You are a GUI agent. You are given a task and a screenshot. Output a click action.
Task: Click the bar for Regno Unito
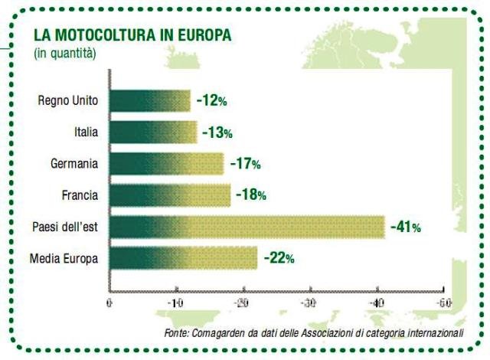[x=150, y=100]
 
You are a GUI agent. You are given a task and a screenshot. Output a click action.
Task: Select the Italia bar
[x=153, y=132]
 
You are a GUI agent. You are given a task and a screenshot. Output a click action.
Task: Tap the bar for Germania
[x=167, y=164]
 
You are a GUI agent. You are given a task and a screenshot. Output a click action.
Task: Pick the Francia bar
[x=170, y=195]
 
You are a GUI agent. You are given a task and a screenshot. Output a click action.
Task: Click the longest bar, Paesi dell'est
[x=247, y=227]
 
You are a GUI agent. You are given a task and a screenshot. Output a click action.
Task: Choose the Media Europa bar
[x=184, y=258]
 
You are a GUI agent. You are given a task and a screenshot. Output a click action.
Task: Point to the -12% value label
[x=211, y=100]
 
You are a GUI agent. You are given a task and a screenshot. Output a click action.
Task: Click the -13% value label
[x=217, y=133]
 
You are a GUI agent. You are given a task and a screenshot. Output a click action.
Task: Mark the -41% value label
[x=405, y=227]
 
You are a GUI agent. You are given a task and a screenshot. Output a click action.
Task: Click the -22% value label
[x=279, y=258]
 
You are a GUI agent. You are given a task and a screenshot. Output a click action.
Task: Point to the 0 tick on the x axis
[x=110, y=304]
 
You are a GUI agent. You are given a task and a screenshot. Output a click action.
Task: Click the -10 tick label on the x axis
[x=175, y=304]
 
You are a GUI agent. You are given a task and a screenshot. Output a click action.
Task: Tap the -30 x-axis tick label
[x=309, y=304]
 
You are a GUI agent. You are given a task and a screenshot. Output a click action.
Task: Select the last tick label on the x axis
[x=442, y=304]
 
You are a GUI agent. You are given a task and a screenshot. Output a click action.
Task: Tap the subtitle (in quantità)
[x=65, y=53]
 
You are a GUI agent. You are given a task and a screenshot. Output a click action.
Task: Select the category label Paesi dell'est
[x=65, y=227]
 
